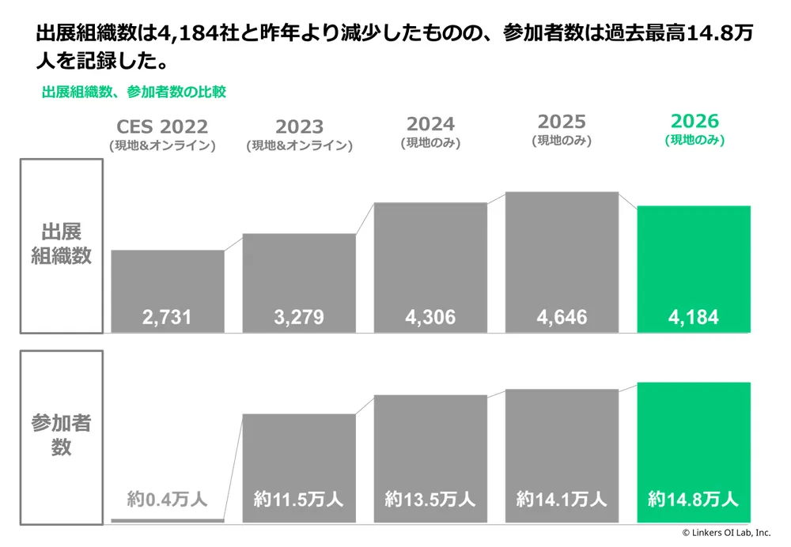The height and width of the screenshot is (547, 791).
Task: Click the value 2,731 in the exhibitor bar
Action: [x=167, y=318]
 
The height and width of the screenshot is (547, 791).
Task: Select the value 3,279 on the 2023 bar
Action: [x=299, y=318]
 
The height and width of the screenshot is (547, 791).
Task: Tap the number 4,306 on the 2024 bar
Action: [x=430, y=318]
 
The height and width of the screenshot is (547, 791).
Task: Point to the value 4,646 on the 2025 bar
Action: [x=562, y=318]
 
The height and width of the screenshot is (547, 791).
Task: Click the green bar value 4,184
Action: [x=693, y=318]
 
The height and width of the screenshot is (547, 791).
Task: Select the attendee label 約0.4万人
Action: [x=167, y=499]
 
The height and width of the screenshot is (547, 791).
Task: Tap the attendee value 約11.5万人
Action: [x=299, y=499]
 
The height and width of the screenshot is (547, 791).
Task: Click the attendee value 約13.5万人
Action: [x=430, y=499]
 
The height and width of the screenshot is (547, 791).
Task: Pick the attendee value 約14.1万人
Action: [x=562, y=499]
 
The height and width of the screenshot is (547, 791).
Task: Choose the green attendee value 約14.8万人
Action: [x=693, y=499]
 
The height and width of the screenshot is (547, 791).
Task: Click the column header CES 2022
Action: [x=162, y=126]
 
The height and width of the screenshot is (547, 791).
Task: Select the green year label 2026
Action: [x=694, y=121]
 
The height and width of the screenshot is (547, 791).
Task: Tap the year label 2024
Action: [x=430, y=124]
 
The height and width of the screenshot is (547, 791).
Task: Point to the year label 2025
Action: [x=562, y=122]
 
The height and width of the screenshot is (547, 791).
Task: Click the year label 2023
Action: [x=299, y=126]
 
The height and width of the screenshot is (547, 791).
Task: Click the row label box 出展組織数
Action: [x=62, y=246]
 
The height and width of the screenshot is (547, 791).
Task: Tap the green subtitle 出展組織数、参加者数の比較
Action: [x=134, y=92]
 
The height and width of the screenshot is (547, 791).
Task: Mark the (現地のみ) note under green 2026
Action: [x=694, y=139]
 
